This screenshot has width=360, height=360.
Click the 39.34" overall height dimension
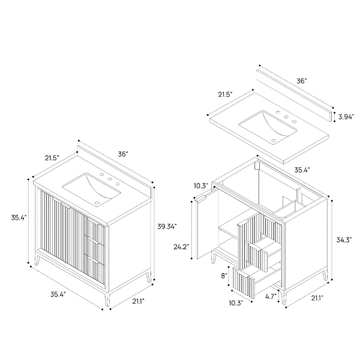(167, 226)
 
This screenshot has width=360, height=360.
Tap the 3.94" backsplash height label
(346, 117)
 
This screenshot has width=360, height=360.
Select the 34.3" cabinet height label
(344, 240)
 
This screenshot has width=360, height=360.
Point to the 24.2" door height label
(181, 247)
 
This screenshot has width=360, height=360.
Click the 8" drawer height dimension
(224, 276)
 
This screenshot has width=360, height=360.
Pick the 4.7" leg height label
(271, 296)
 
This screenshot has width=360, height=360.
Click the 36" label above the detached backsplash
(302, 81)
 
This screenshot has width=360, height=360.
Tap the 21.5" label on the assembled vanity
(52, 158)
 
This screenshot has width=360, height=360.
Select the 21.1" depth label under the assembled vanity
(138, 301)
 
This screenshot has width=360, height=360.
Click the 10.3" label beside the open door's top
(201, 186)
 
